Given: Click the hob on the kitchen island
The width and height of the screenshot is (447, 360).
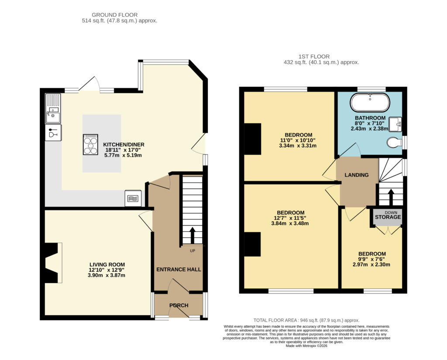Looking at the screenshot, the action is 90,144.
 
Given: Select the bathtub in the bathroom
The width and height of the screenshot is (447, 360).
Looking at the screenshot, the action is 370,103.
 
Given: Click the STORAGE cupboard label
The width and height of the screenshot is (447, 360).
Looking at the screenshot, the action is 388,217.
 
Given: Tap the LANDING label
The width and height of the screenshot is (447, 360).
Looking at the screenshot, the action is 357,175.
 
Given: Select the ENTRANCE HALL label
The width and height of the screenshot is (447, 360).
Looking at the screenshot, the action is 179,269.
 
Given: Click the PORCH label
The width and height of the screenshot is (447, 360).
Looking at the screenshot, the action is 179,305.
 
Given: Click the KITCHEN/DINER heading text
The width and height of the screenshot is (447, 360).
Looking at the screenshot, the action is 124,144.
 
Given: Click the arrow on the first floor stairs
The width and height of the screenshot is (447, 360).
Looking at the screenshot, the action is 391,197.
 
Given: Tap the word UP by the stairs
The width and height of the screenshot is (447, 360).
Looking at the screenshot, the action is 193,251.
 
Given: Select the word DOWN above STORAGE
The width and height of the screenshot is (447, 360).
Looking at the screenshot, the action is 391,213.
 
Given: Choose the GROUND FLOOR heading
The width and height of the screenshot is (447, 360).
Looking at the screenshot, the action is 115,15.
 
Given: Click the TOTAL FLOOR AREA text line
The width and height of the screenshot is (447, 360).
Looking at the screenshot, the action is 306,320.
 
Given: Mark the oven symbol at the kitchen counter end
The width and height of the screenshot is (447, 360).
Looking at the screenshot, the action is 133,198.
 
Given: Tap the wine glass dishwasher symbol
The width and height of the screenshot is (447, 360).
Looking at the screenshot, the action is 53,133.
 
